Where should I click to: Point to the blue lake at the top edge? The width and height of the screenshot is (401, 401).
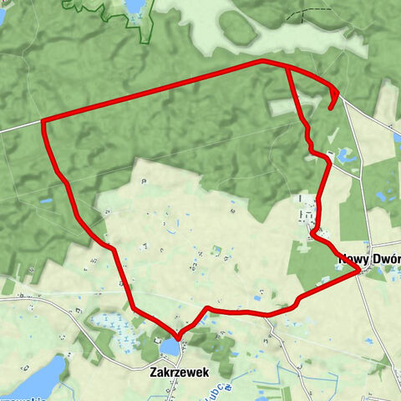tap(135, 7)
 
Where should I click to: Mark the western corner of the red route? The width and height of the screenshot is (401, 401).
tap(42, 122)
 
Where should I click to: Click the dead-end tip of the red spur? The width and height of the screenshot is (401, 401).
tap(331, 107)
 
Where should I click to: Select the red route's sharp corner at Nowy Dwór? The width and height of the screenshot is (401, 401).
tap(359, 271)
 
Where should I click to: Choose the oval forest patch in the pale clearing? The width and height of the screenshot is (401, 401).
tap(238, 29)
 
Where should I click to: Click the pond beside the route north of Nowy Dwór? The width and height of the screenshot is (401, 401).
tap(343, 155)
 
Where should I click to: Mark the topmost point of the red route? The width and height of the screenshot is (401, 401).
tap(262, 60)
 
